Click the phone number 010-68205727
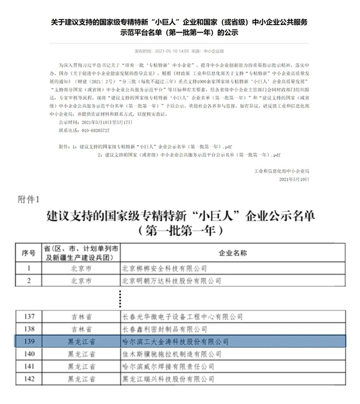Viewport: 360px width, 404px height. pos(84,130)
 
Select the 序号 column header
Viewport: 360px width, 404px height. pos(28,254)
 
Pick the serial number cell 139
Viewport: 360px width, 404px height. pos(28,341)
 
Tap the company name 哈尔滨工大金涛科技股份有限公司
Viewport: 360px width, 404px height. pos(175,341)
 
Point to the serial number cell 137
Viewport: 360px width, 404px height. pos(28,316)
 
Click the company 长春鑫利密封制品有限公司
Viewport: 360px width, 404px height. pos(161,328)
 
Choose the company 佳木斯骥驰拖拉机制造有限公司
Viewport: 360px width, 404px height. pos(168,353)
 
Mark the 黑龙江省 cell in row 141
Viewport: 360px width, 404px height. pos(80,366)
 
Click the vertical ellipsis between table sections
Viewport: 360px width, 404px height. pos(120,297)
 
